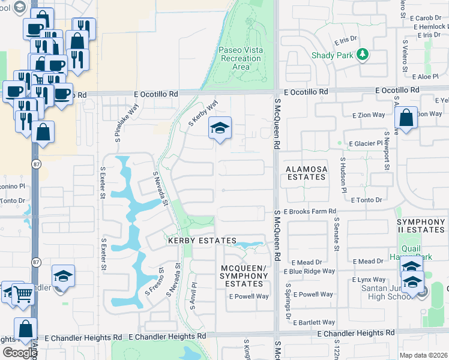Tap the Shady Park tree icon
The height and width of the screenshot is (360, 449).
362,55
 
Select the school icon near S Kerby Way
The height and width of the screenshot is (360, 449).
220,128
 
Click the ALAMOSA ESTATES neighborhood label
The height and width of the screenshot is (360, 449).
307,173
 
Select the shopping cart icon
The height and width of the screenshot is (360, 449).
23,294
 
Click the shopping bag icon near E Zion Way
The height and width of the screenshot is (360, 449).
406,118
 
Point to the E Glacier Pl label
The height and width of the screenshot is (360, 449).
362,143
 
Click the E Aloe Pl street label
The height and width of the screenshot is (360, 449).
428,77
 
